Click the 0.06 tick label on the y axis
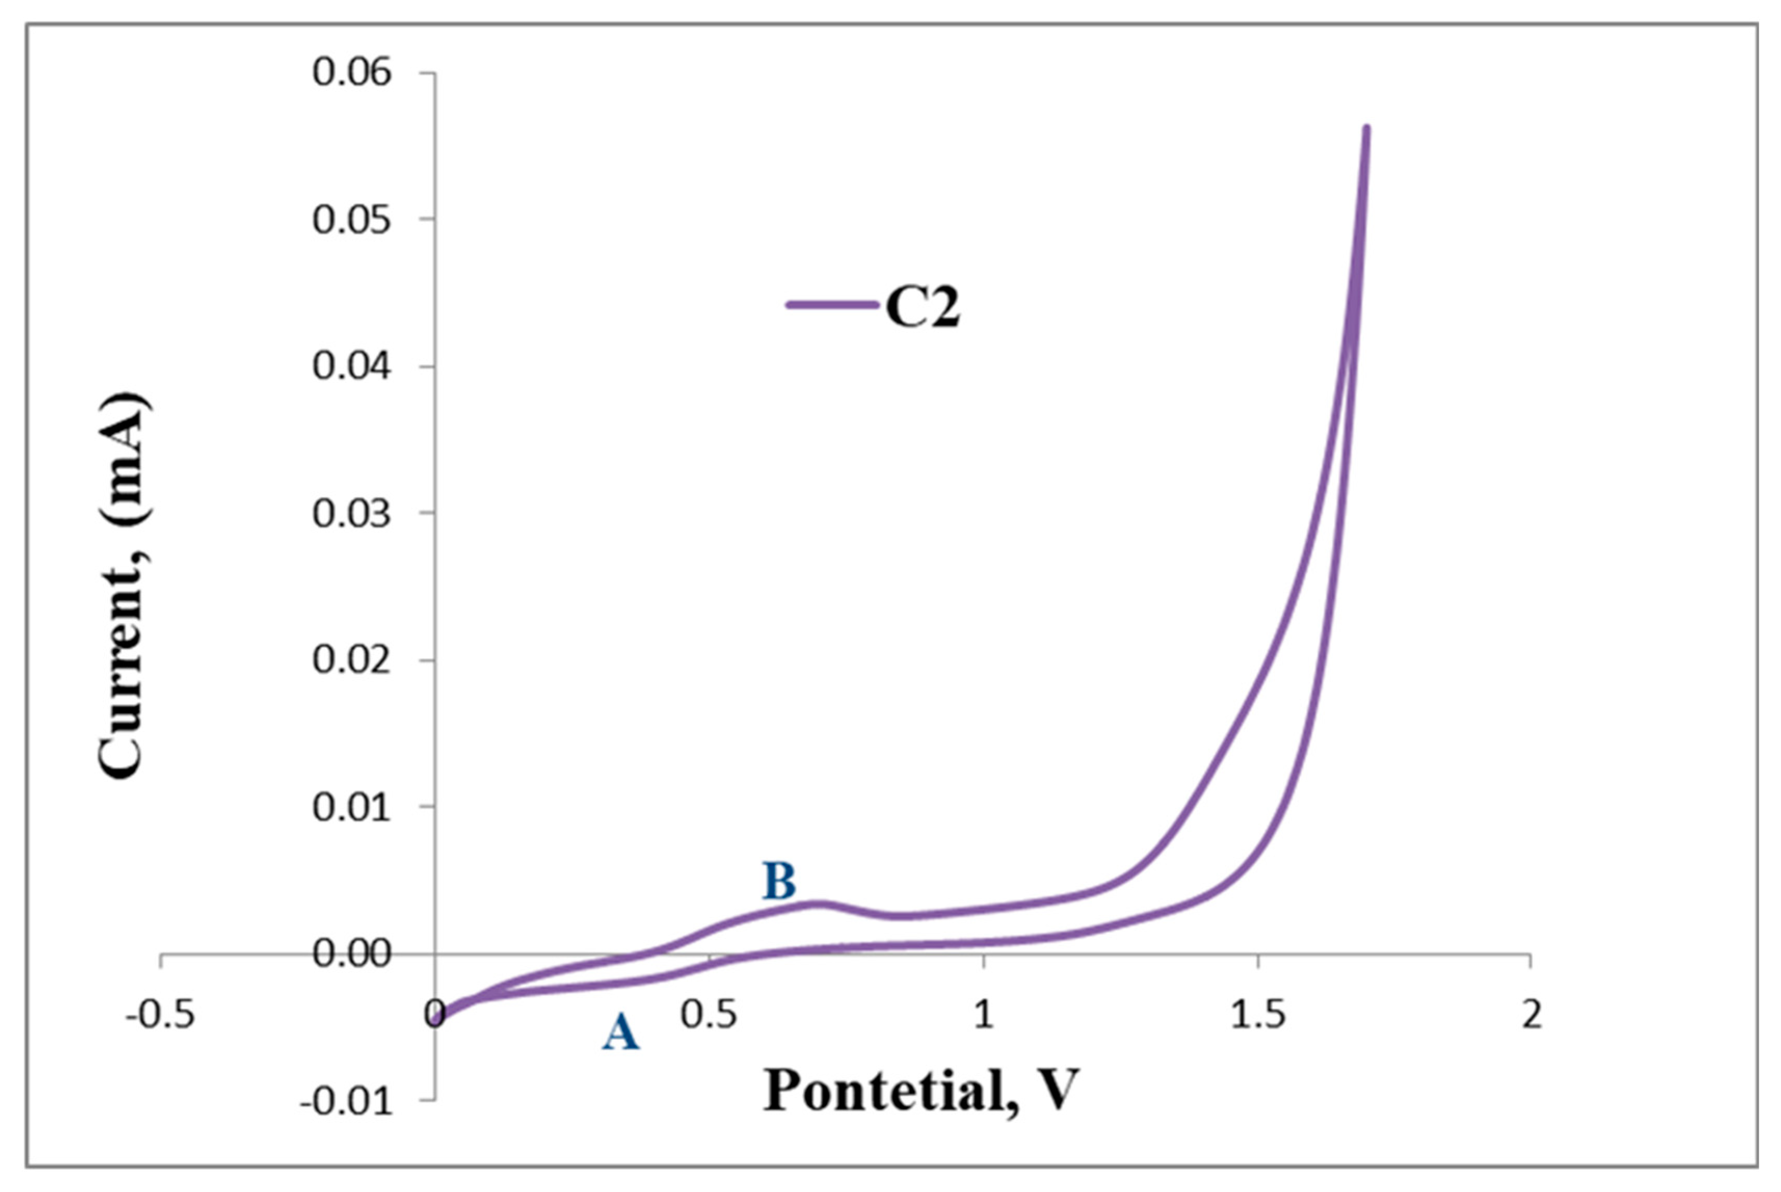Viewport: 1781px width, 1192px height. point(351,74)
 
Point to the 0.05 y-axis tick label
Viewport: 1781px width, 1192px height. point(351,221)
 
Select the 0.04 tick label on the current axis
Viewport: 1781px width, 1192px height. point(351,367)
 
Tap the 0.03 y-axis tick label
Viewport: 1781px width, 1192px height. point(351,514)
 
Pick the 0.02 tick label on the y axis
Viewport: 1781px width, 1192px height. point(351,660)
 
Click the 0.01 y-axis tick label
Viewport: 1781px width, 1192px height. point(351,807)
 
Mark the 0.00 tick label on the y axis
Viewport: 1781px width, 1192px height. point(351,953)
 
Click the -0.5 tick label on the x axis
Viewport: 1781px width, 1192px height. point(160,1015)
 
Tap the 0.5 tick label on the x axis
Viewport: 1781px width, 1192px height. point(709,1015)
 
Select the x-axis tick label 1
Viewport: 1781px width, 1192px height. point(984,1015)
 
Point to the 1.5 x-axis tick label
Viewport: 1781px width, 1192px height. point(1258,1015)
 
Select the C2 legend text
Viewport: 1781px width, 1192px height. point(922,308)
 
